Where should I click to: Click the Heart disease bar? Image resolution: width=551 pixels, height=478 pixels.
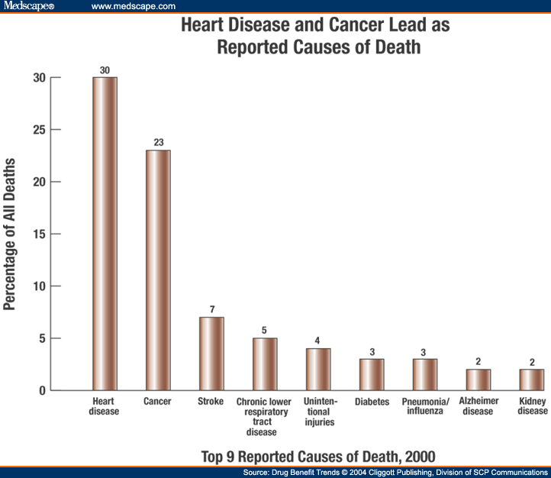click(x=105, y=234)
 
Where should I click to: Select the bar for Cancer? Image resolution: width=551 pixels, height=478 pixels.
click(x=158, y=270)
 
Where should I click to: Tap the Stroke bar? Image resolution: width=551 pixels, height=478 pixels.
click(x=211, y=354)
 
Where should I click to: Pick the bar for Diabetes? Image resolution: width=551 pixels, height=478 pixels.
click(x=372, y=374)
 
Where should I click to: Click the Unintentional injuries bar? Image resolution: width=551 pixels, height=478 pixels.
click(x=318, y=370)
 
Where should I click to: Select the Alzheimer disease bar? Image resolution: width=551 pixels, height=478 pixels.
click(x=478, y=379)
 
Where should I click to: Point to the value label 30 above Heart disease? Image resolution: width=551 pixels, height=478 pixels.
click(x=105, y=70)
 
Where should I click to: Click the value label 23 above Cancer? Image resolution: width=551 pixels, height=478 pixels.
click(x=158, y=143)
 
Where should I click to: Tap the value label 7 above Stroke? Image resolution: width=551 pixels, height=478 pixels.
click(x=211, y=310)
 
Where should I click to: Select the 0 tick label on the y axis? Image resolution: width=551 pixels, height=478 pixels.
click(x=42, y=390)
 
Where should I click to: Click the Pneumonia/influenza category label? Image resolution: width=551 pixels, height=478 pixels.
click(x=426, y=406)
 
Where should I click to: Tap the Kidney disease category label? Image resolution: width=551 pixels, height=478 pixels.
click(x=532, y=406)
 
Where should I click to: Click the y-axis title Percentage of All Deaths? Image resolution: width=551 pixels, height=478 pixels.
click(x=10, y=234)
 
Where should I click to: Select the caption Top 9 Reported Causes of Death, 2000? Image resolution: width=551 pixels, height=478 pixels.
click(x=318, y=457)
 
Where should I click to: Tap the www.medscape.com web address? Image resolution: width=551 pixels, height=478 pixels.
click(x=133, y=6)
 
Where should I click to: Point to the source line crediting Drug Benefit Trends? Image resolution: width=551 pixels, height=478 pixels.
click(x=395, y=473)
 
